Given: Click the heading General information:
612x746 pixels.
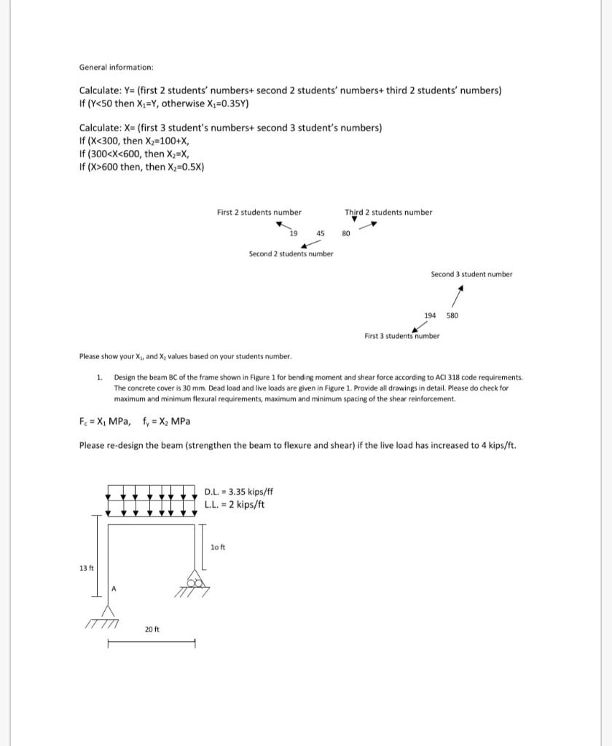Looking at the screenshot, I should click(x=116, y=67).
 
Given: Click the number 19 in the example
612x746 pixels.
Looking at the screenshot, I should click(x=293, y=234).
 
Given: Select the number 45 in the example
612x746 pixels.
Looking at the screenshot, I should click(x=321, y=234).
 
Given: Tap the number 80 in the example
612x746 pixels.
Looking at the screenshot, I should click(x=346, y=234).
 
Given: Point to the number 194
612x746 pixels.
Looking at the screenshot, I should click(x=430, y=315).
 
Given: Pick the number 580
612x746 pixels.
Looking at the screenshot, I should click(x=452, y=315).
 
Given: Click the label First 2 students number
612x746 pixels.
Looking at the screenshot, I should click(x=259, y=212).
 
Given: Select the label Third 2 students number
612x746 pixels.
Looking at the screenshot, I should click(x=388, y=212).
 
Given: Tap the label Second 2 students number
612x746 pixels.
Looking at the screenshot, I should click(x=291, y=254).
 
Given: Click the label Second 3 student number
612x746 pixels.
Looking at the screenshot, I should click(x=471, y=274).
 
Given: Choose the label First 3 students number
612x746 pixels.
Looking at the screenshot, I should click(x=401, y=336).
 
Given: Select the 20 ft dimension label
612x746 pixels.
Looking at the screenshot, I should click(x=152, y=628).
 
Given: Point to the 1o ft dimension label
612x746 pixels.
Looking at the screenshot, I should click(x=217, y=546).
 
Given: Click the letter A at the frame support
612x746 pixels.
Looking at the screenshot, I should click(x=114, y=589).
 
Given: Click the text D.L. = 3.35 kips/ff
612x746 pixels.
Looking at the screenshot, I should click(x=239, y=492).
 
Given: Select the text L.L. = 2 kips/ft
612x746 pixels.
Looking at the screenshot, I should click(x=235, y=504).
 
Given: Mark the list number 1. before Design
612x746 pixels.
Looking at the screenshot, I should click(x=99, y=377).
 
